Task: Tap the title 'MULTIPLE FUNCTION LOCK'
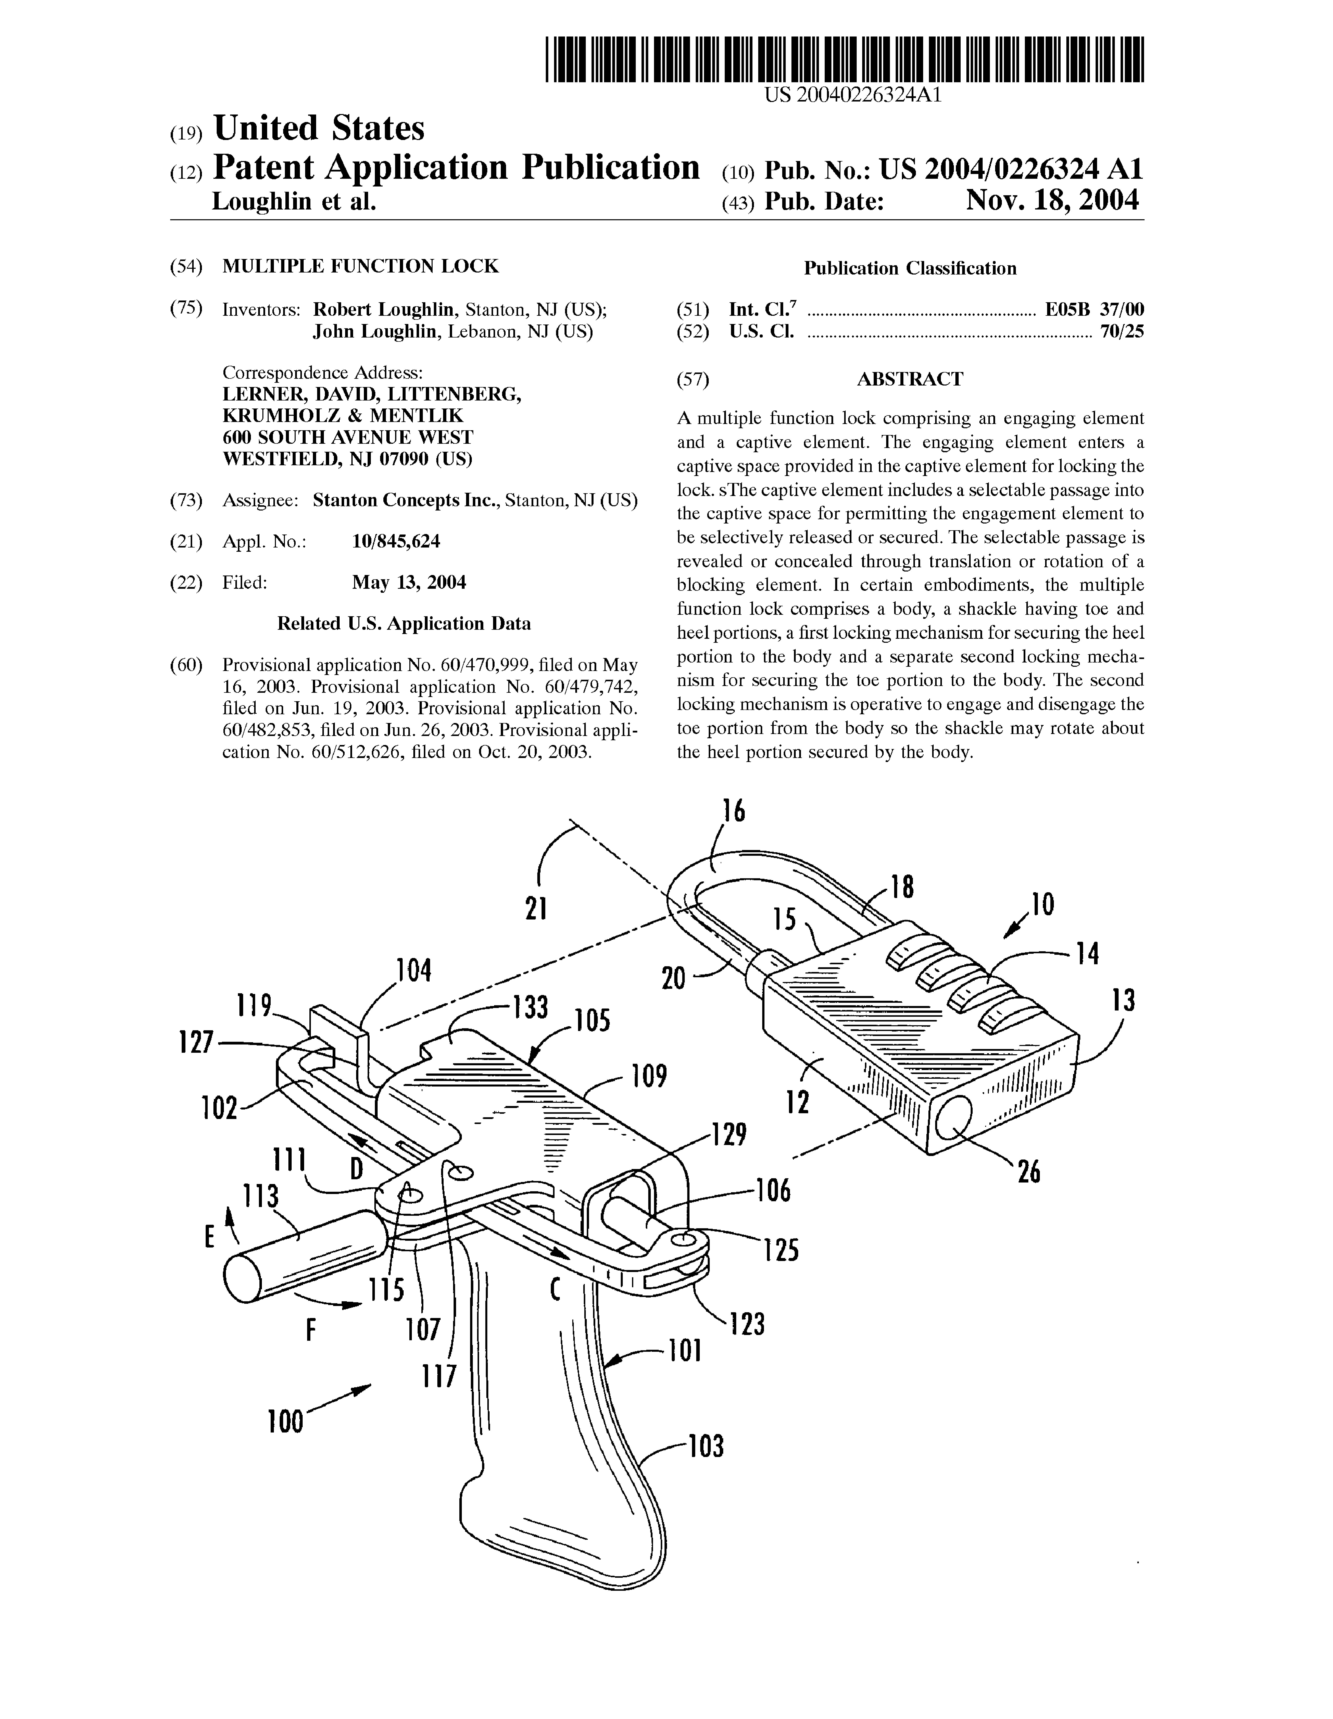[360, 266]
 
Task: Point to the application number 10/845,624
[396, 541]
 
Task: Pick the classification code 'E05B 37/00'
[1094, 309]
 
